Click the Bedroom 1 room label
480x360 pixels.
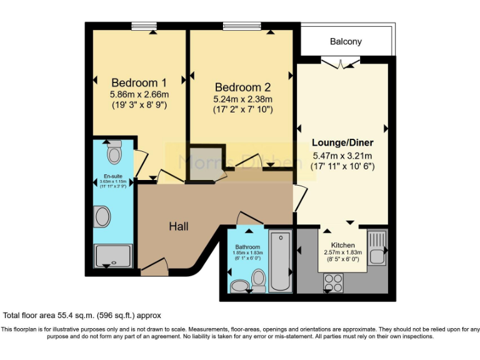click(x=139, y=82)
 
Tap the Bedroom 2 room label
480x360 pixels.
click(x=242, y=87)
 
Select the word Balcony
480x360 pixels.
click(x=346, y=42)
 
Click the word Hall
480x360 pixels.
click(x=179, y=226)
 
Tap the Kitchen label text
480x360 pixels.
click(x=342, y=245)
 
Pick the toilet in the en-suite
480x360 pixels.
click(x=114, y=152)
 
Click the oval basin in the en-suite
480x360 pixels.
click(x=102, y=217)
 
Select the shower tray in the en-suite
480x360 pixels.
click(x=112, y=256)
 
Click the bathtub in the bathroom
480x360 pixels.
click(x=281, y=261)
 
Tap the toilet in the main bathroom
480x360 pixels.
click(x=258, y=281)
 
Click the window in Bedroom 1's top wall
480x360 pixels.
click(x=144, y=26)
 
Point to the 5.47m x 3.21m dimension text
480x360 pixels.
click(x=342, y=156)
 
